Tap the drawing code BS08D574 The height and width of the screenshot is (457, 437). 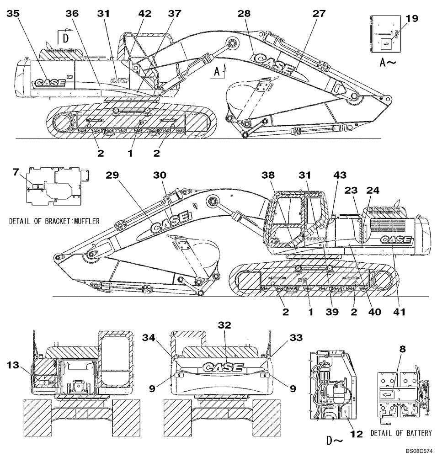point(418,452)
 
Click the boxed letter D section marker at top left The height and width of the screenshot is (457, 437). point(65,38)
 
